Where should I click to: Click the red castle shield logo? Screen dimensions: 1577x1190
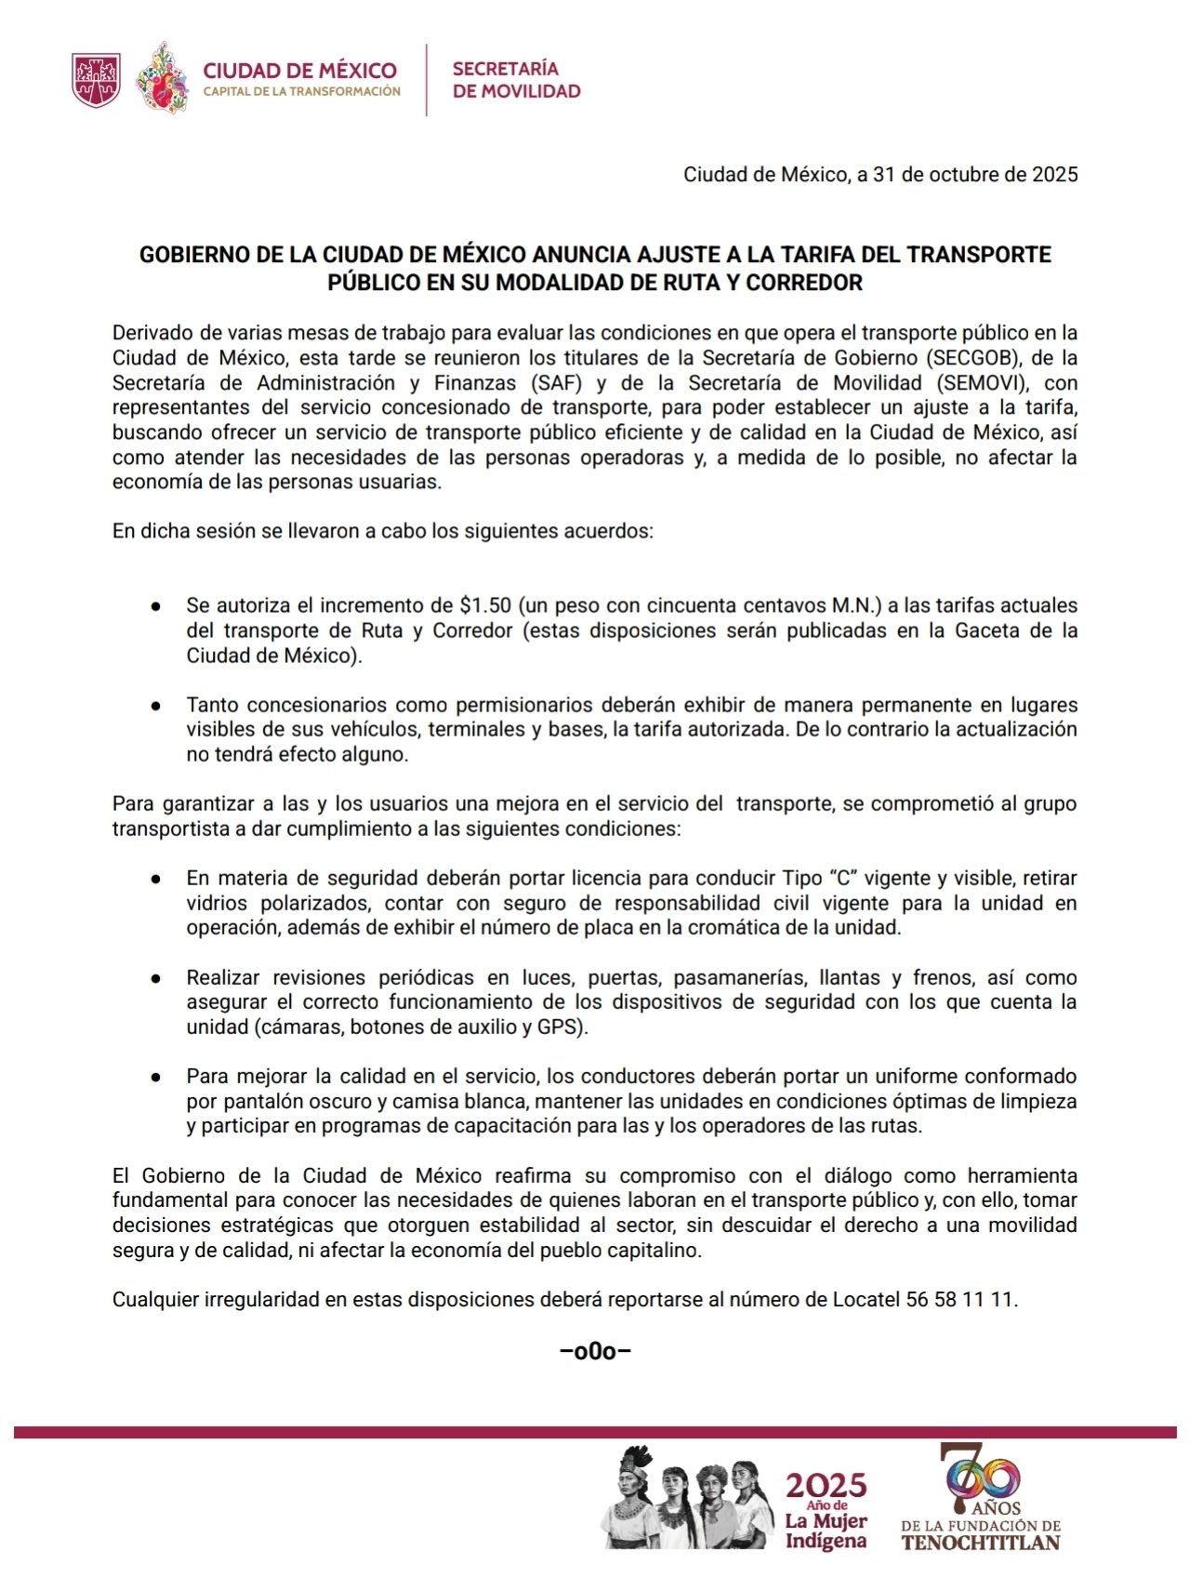pos(96,80)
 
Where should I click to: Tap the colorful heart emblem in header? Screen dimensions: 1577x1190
pos(164,80)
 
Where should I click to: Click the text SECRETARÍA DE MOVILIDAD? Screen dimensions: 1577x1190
pos(516,80)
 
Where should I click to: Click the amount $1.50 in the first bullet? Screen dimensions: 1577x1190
pos(485,605)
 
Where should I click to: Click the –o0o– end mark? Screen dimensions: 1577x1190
pos(595,1351)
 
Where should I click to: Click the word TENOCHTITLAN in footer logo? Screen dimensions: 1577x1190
pos(981,1543)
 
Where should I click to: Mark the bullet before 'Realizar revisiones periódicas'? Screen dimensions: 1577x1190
pos(156,978)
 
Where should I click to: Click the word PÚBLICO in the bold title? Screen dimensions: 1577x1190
pos(373,283)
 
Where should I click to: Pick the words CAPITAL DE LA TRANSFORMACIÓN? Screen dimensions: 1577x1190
pos(301,92)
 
